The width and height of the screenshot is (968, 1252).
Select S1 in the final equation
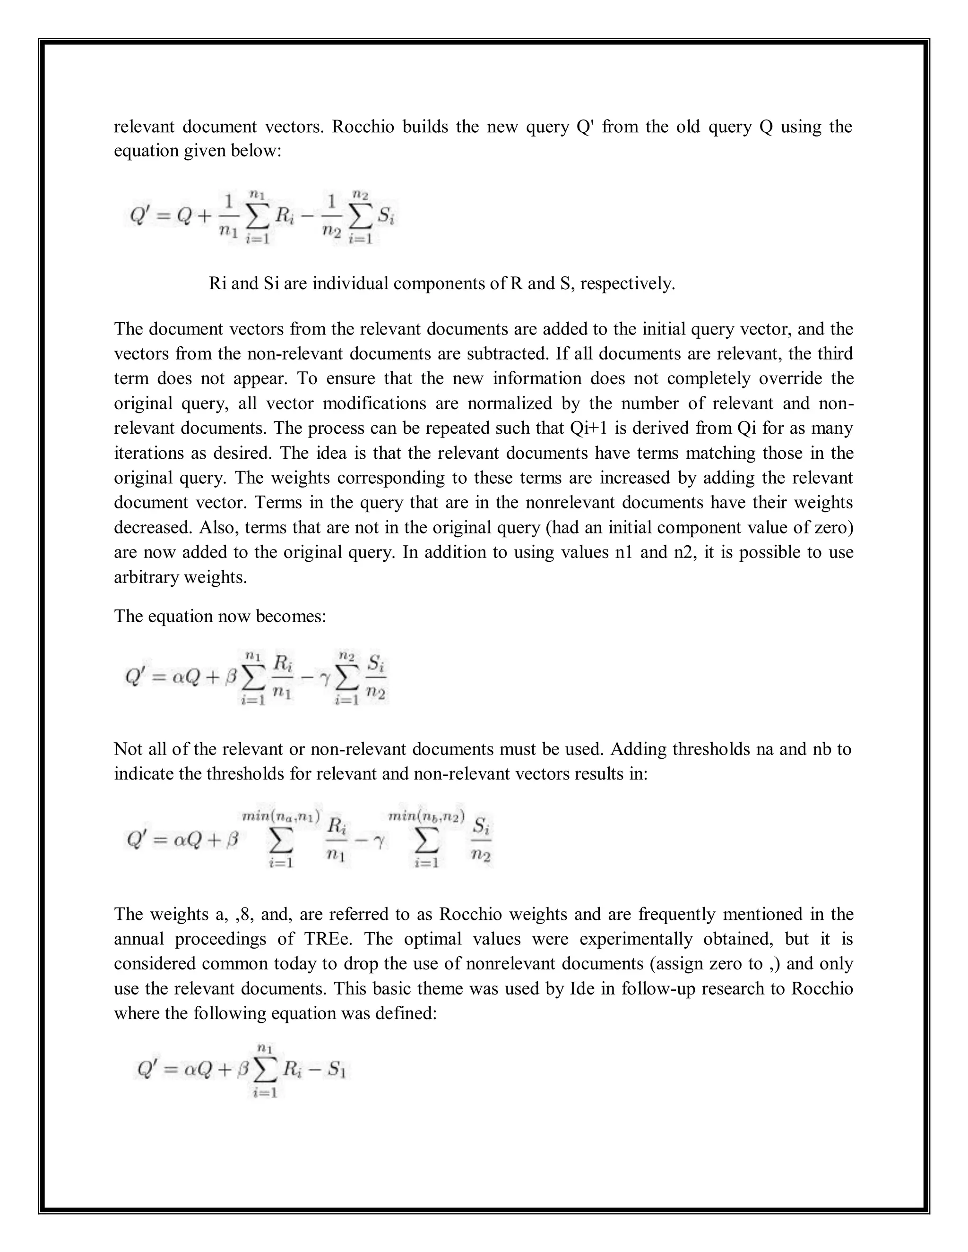[x=336, y=1070]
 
